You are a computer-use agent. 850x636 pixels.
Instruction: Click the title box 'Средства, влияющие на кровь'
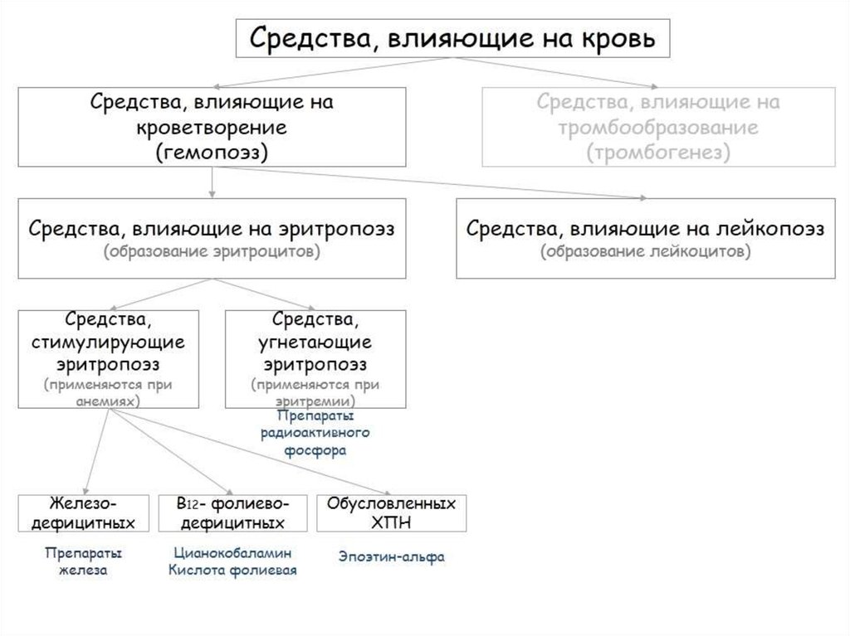(x=452, y=37)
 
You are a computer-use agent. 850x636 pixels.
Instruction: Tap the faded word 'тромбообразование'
(x=657, y=129)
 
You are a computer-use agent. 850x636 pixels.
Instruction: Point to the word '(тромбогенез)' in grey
(x=657, y=153)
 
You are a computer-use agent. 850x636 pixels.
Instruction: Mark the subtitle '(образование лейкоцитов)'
(x=646, y=252)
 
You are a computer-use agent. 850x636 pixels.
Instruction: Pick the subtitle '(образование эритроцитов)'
(x=212, y=252)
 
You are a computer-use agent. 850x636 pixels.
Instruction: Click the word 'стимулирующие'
(x=109, y=342)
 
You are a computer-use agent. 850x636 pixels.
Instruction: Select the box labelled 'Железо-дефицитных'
(x=84, y=513)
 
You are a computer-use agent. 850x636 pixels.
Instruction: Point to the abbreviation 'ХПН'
(x=391, y=523)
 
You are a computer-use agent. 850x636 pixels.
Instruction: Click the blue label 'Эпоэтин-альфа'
(x=391, y=556)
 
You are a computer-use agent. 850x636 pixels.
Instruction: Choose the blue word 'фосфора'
(x=315, y=451)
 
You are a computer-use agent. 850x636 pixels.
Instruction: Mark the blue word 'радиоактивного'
(x=315, y=433)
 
